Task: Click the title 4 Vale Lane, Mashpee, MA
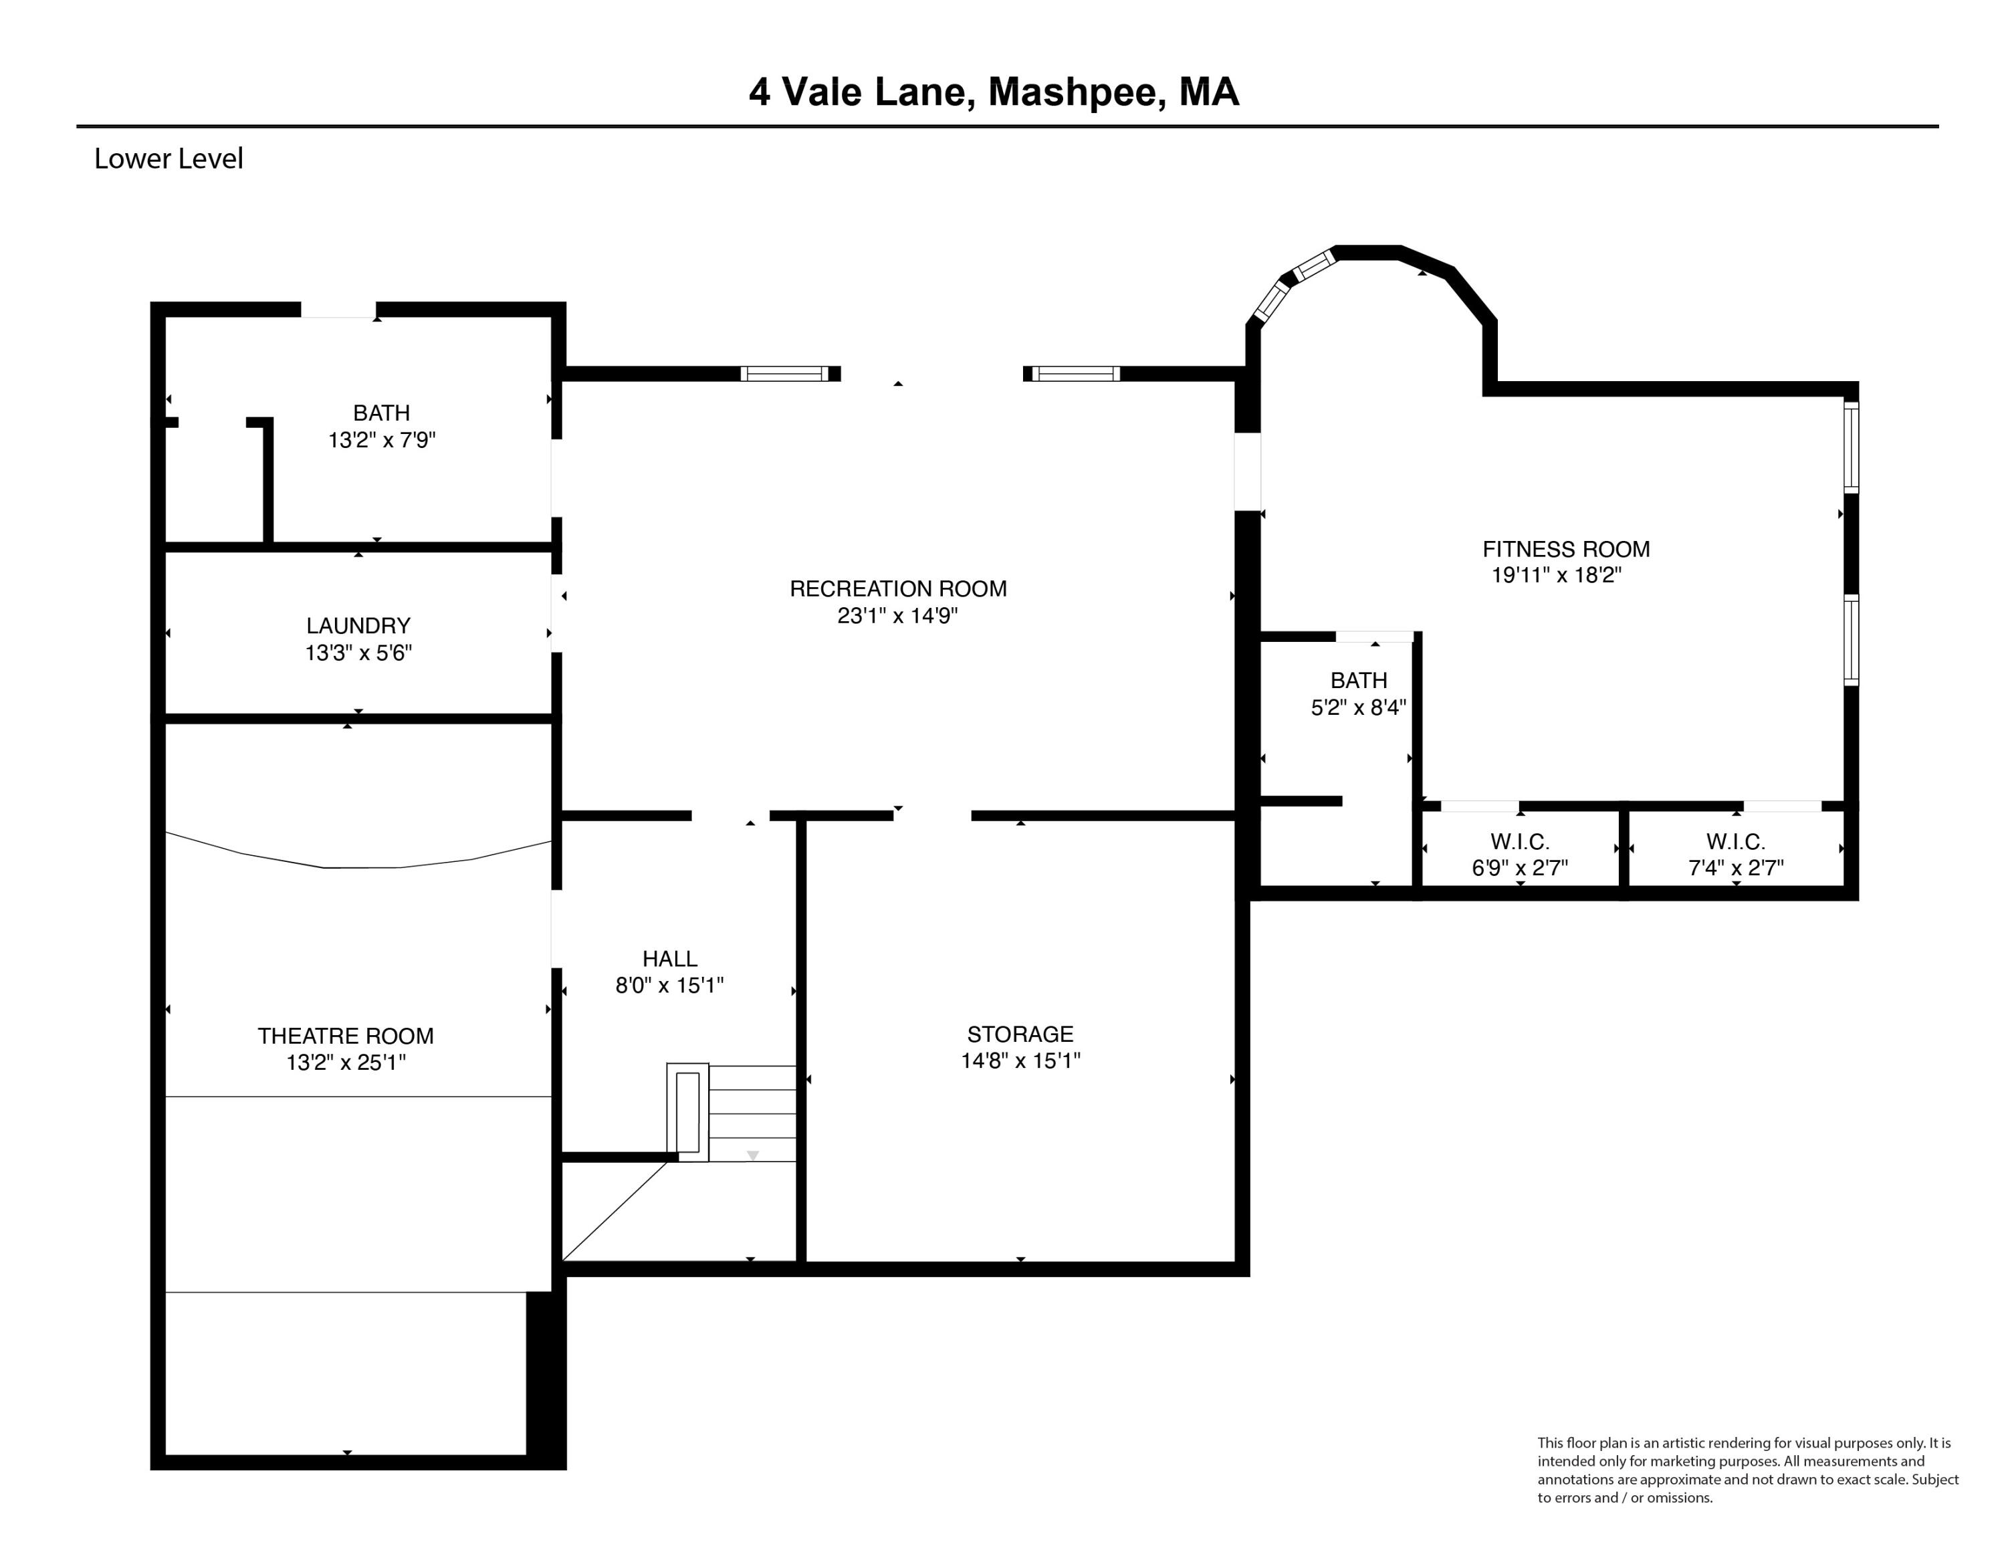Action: [x=994, y=92]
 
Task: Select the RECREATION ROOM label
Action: [x=897, y=588]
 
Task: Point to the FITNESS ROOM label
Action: [x=1565, y=549]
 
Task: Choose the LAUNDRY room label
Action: [x=358, y=625]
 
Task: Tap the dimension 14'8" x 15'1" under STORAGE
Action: [x=1020, y=1061]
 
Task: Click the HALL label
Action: [x=669, y=959]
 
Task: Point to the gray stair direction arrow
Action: [x=752, y=1156]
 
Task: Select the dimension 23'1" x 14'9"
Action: [x=897, y=616]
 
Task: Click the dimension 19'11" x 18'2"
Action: [x=1556, y=576]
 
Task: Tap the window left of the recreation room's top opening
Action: [x=785, y=374]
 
